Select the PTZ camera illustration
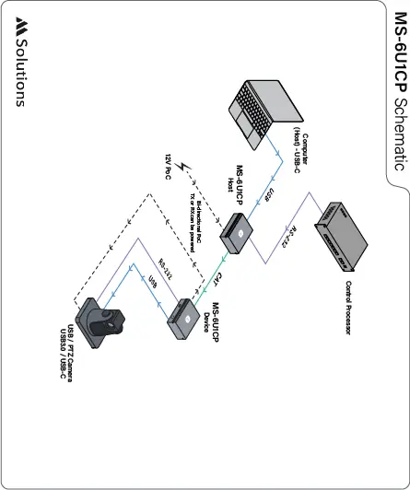tap(104, 321)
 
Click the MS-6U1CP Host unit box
tap(237, 233)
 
